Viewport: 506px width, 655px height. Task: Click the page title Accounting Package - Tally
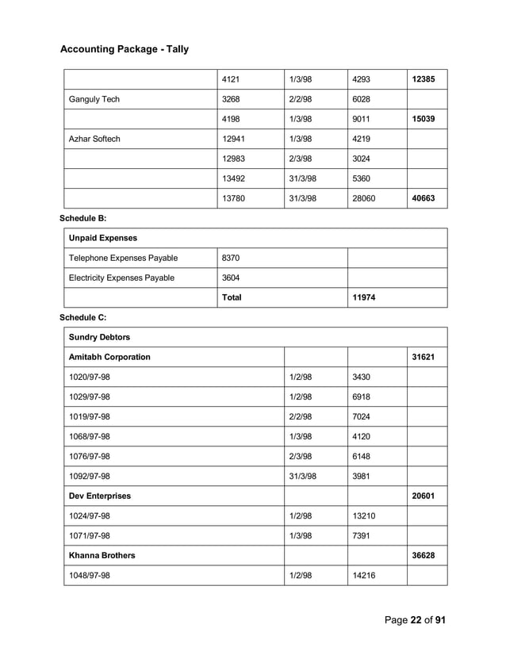(125, 49)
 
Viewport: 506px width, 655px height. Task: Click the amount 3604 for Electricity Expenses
(232, 278)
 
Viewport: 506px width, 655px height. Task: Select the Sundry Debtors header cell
(100, 337)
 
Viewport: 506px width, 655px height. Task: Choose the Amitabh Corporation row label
(109, 357)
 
